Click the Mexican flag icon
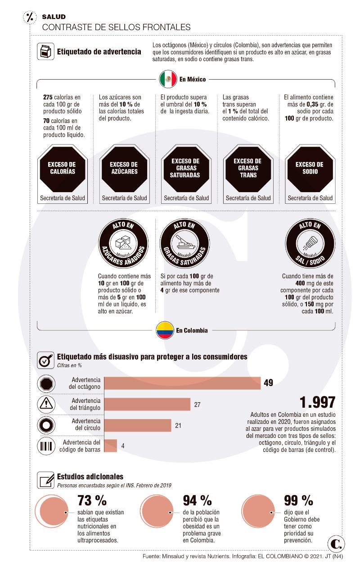click(x=168, y=79)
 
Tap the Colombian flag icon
click(x=165, y=330)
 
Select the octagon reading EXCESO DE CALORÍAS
click(x=62, y=168)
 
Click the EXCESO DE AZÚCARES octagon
click(x=124, y=168)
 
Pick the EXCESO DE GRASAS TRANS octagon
click(x=247, y=168)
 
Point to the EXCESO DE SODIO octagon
click(x=310, y=168)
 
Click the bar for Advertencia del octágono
click(x=183, y=383)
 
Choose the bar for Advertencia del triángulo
click(x=147, y=404)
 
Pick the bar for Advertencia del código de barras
click(x=111, y=445)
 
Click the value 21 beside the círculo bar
click(x=178, y=425)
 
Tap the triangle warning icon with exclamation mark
click(x=46, y=404)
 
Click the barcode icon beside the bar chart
click(x=46, y=446)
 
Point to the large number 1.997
click(x=317, y=401)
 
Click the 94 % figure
click(x=197, y=500)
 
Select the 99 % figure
click(x=298, y=500)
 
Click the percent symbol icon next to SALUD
click(x=31, y=18)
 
